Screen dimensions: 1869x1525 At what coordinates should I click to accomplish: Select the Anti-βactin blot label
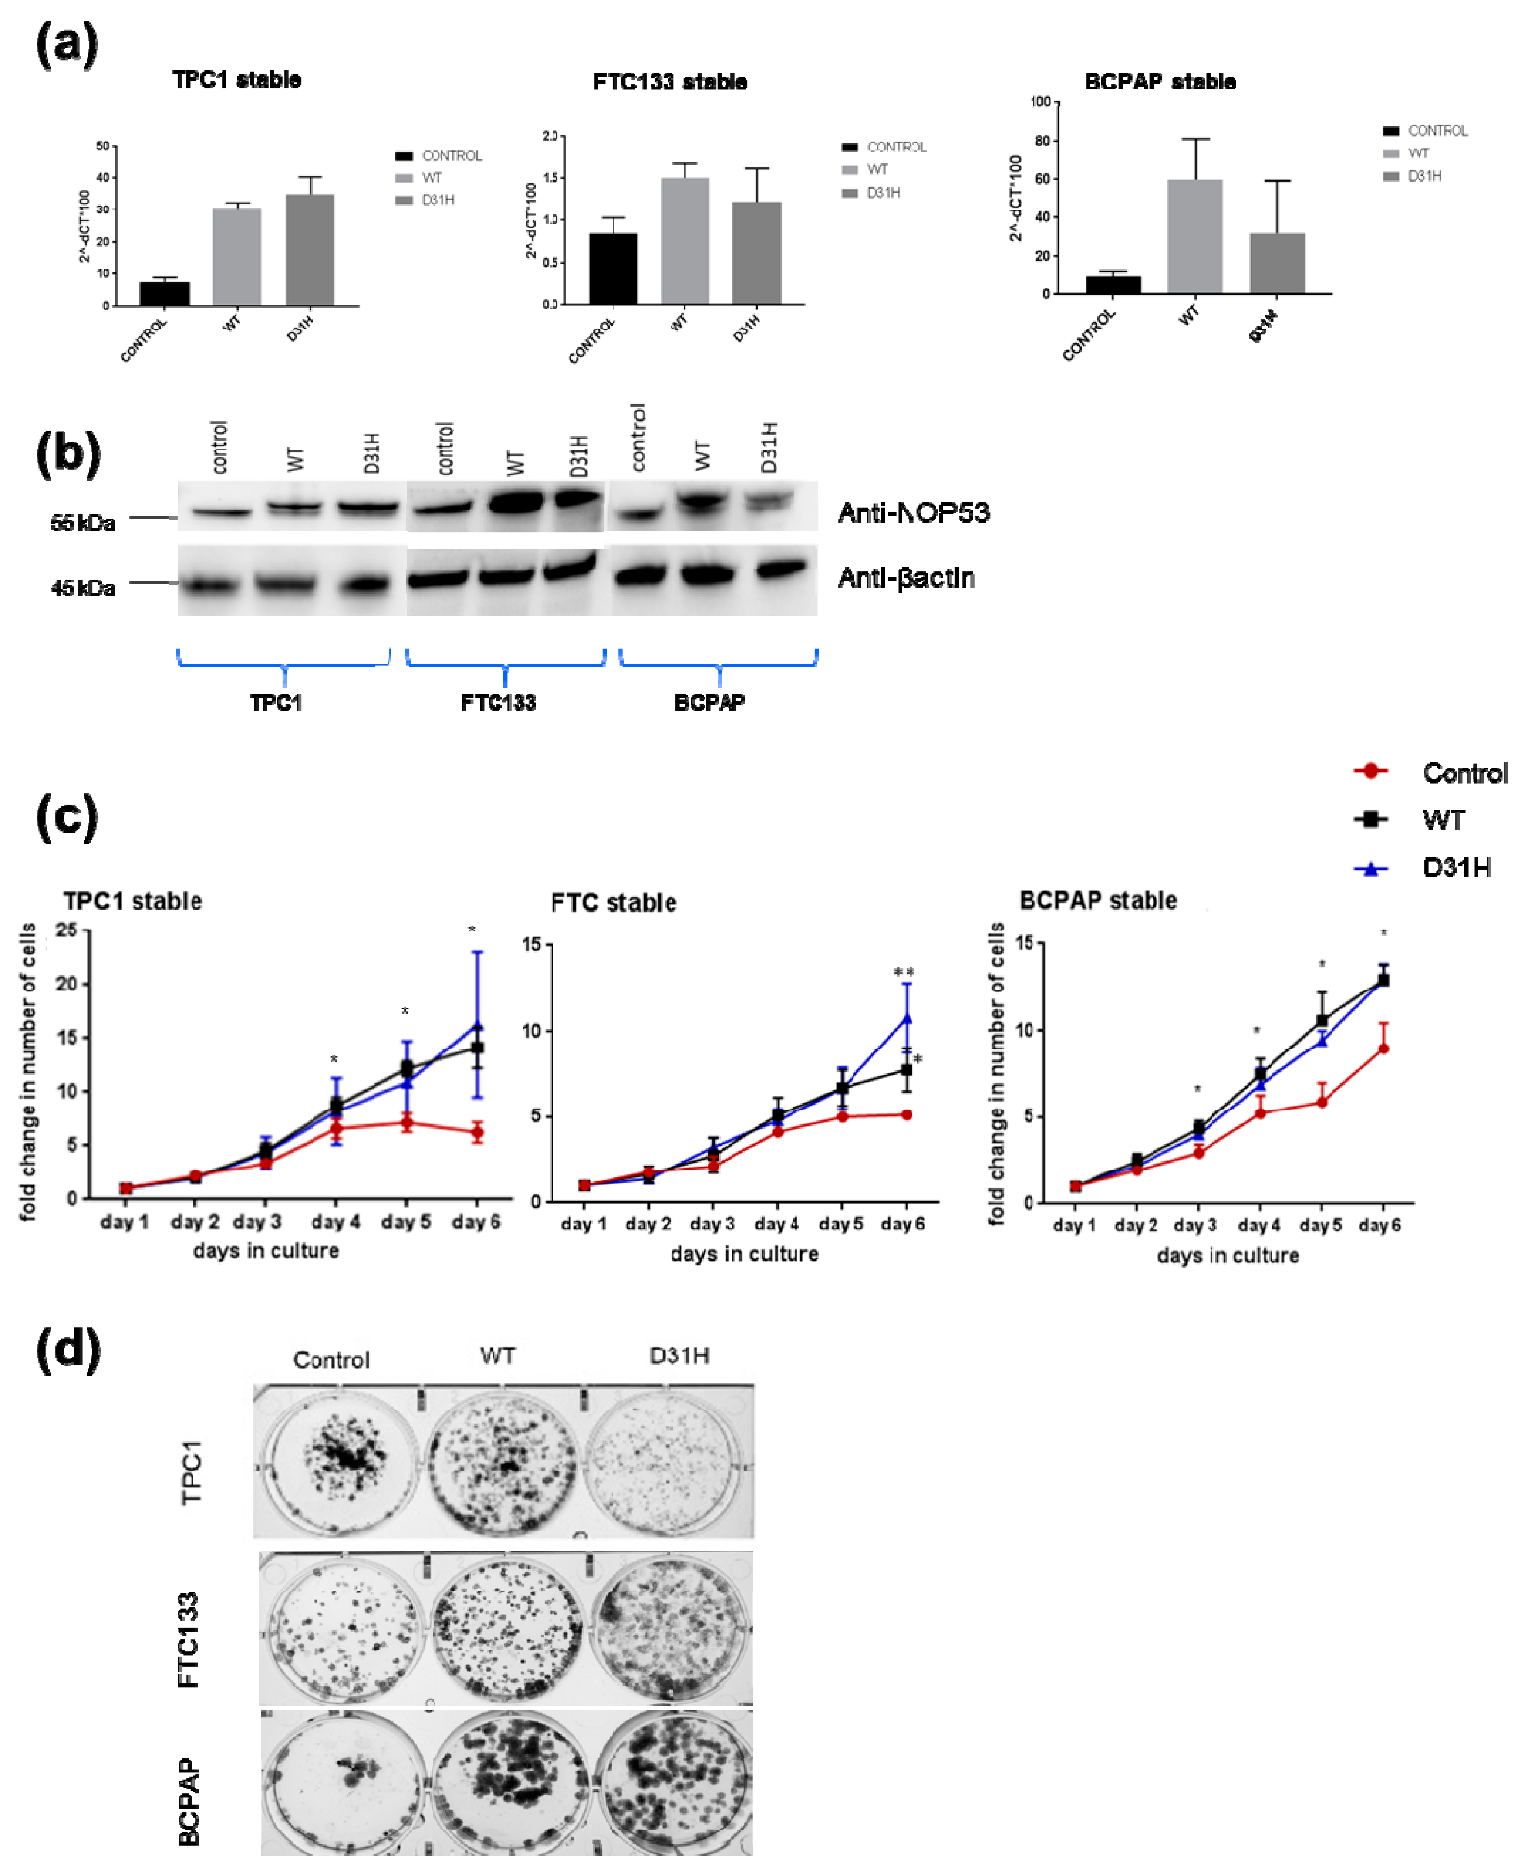[x=906, y=578]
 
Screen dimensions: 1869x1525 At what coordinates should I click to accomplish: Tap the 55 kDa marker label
[x=83, y=523]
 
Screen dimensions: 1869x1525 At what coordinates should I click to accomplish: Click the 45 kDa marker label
[x=83, y=588]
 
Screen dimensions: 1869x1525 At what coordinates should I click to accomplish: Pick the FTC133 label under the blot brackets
[x=498, y=703]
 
